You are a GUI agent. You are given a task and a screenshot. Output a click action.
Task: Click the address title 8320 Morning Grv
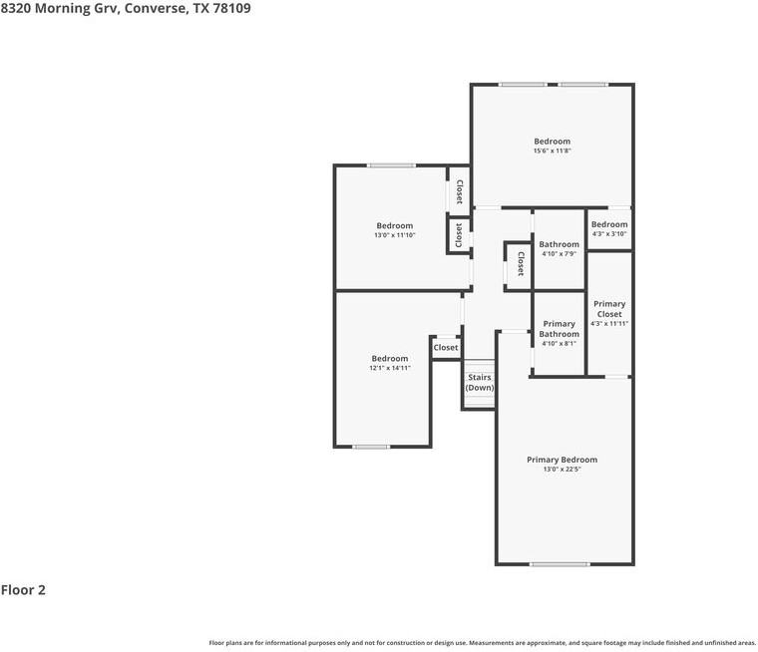(126, 8)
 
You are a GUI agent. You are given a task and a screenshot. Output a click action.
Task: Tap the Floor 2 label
(23, 590)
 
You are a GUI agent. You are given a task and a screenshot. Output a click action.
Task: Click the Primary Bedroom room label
(562, 460)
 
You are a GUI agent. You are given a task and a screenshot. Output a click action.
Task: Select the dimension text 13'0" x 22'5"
(562, 470)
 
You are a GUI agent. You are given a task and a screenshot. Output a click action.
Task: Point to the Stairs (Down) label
(480, 383)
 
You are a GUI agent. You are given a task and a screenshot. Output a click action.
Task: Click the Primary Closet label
(608, 309)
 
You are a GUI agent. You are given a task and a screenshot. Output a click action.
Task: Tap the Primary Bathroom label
(559, 329)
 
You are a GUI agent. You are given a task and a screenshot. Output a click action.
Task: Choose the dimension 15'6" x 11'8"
(552, 152)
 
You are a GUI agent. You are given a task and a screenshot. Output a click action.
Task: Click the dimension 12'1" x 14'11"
(389, 368)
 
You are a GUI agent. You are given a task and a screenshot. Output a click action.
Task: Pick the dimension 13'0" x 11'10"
(394, 235)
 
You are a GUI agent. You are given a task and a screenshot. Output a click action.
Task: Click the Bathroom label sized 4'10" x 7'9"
(559, 244)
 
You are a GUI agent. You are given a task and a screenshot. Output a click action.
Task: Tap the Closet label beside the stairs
(445, 348)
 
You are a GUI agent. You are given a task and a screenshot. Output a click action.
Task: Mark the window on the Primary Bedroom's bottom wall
(559, 564)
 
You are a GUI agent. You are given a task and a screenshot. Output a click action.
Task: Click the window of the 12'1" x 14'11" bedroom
(370, 447)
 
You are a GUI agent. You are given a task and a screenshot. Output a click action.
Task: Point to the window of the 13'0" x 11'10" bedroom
(391, 165)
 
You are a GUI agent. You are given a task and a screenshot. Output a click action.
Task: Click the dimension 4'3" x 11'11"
(608, 323)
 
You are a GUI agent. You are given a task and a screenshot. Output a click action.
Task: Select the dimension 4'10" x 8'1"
(559, 344)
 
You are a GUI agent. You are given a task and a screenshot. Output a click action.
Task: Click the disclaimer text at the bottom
(482, 643)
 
